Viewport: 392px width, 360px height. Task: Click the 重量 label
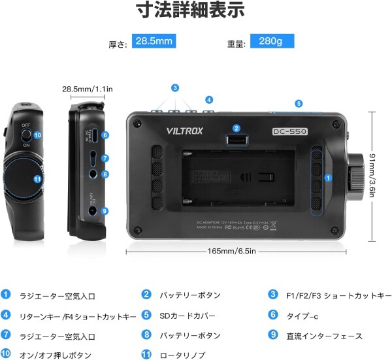tap(236, 43)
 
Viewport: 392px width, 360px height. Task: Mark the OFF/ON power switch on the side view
tap(25, 135)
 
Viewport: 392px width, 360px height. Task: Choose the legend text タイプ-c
tap(302, 316)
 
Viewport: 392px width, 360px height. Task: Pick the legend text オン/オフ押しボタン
tap(55, 355)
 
